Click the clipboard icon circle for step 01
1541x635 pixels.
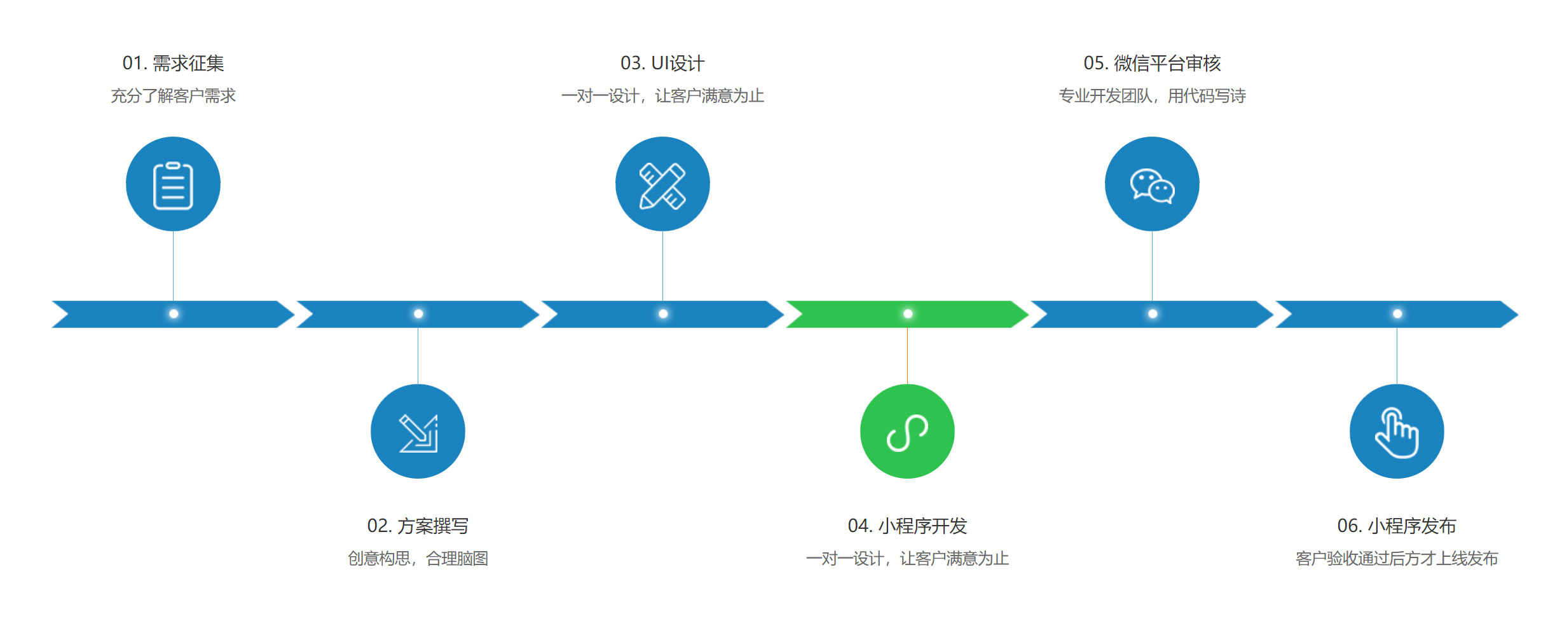click(173, 184)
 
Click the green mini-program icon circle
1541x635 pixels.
click(907, 431)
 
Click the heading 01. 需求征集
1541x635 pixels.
click(173, 63)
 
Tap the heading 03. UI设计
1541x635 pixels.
click(662, 63)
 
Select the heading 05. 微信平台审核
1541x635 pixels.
click(1152, 63)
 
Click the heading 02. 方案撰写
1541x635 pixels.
click(418, 526)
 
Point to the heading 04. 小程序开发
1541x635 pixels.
click(907, 526)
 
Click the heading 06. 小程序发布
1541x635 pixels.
click(1397, 526)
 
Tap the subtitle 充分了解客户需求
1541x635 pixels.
click(173, 95)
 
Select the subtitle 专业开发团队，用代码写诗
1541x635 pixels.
click(1152, 95)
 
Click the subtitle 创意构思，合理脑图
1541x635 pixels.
click(418, 558)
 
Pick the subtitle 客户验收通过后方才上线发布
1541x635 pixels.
click(1397, 558)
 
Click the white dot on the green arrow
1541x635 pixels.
click(908, 313)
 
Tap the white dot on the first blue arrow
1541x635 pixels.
click(174, 313)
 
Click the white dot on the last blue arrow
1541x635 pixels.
click(1397, 313)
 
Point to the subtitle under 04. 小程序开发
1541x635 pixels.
click(907, 558)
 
